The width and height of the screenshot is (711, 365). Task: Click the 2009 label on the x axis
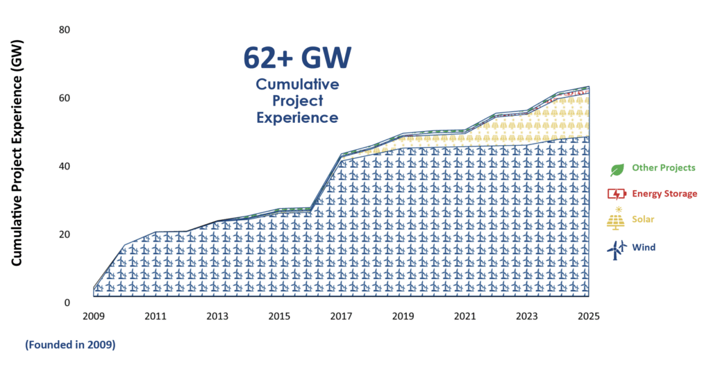click(x=94, y=316)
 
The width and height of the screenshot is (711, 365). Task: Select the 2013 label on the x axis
click(x=217, y=316)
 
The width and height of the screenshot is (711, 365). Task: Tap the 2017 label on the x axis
click(x=341, y=316)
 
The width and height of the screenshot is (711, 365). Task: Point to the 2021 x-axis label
click(x=465, y=316)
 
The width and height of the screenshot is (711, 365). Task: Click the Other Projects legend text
click(x=663, y=168)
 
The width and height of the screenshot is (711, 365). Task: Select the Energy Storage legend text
click(x=664, y=194)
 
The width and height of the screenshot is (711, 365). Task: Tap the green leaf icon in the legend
click(x=616, y=169)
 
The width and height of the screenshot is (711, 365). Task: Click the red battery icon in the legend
click(x=616, y=194)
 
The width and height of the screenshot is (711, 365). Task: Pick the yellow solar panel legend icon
click(x=616, y=220)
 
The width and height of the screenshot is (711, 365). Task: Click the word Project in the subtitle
click(x=297, y=101)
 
